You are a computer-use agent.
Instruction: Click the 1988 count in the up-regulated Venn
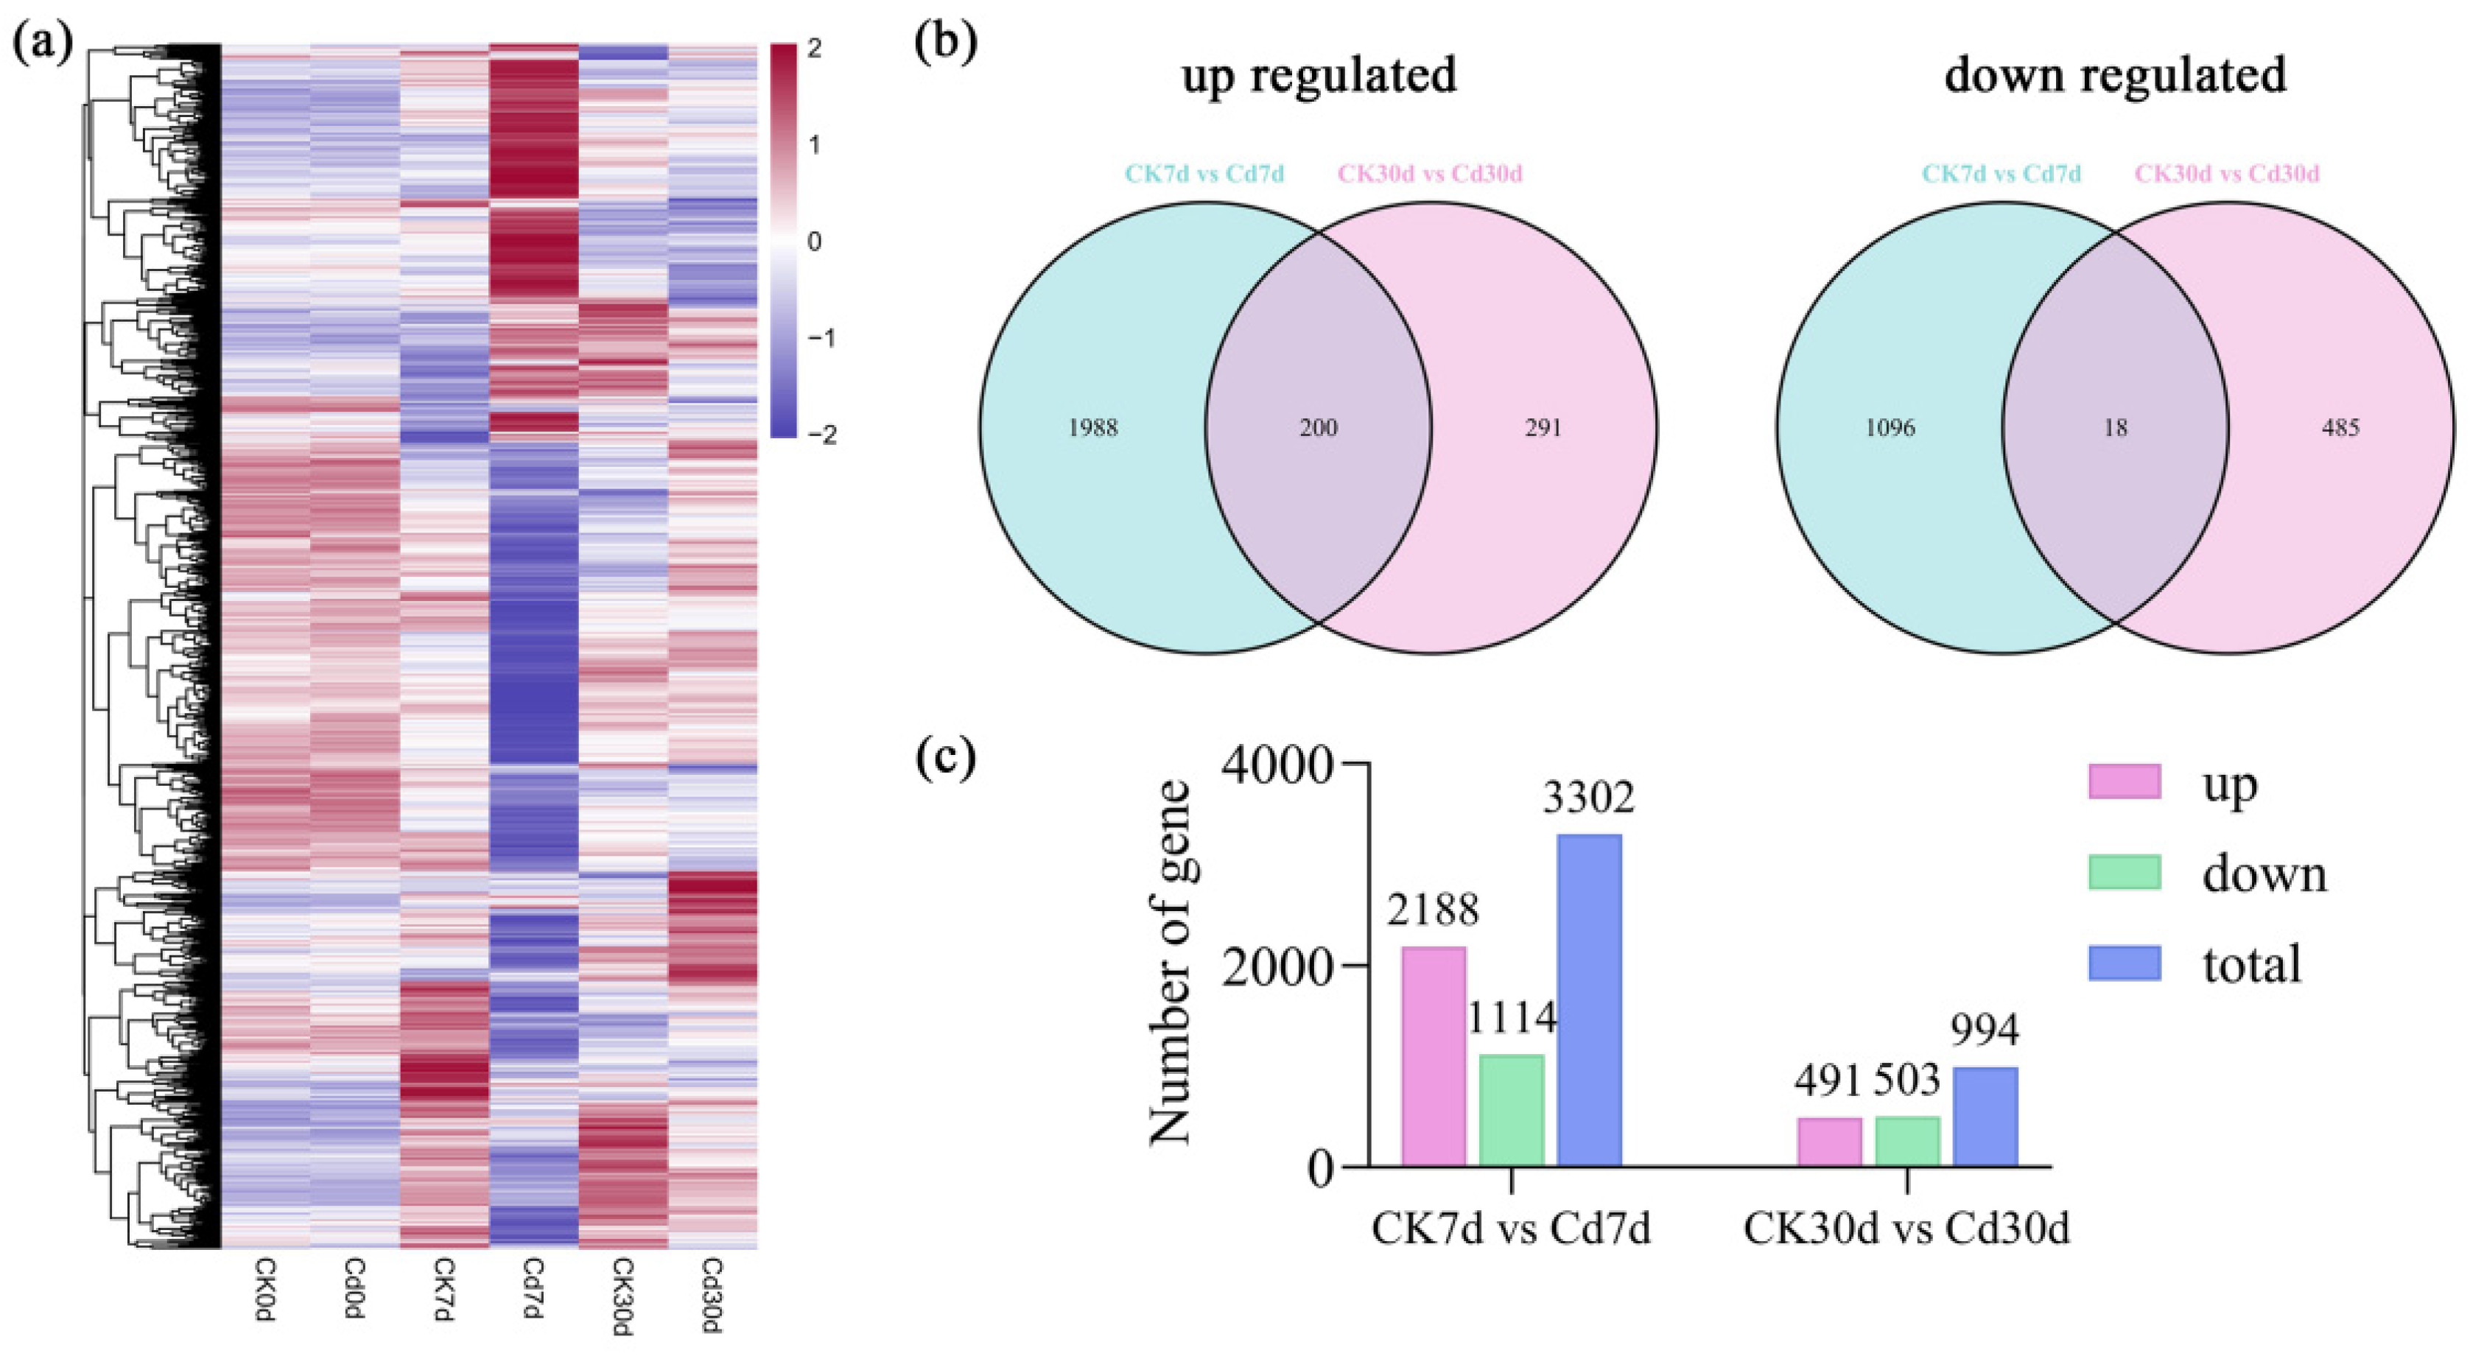(x=1093, y=428)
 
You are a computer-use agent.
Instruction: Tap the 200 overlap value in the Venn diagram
(x=1319, y=428)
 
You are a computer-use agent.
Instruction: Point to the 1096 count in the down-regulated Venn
(x=1890, y=428)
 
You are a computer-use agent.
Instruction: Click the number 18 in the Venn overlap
(x=2115, y=428)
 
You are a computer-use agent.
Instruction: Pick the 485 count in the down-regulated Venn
(x=2340, y=428)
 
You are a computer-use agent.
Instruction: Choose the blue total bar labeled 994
(x=1986, y=1117)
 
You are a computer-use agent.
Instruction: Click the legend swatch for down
(x=2125, y=873)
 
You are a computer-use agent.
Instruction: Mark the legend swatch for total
(x=2125, y=963)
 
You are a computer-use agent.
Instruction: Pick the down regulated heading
(x=2115, y=75)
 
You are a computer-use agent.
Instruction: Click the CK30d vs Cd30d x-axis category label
(x=1906, y=1229)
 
